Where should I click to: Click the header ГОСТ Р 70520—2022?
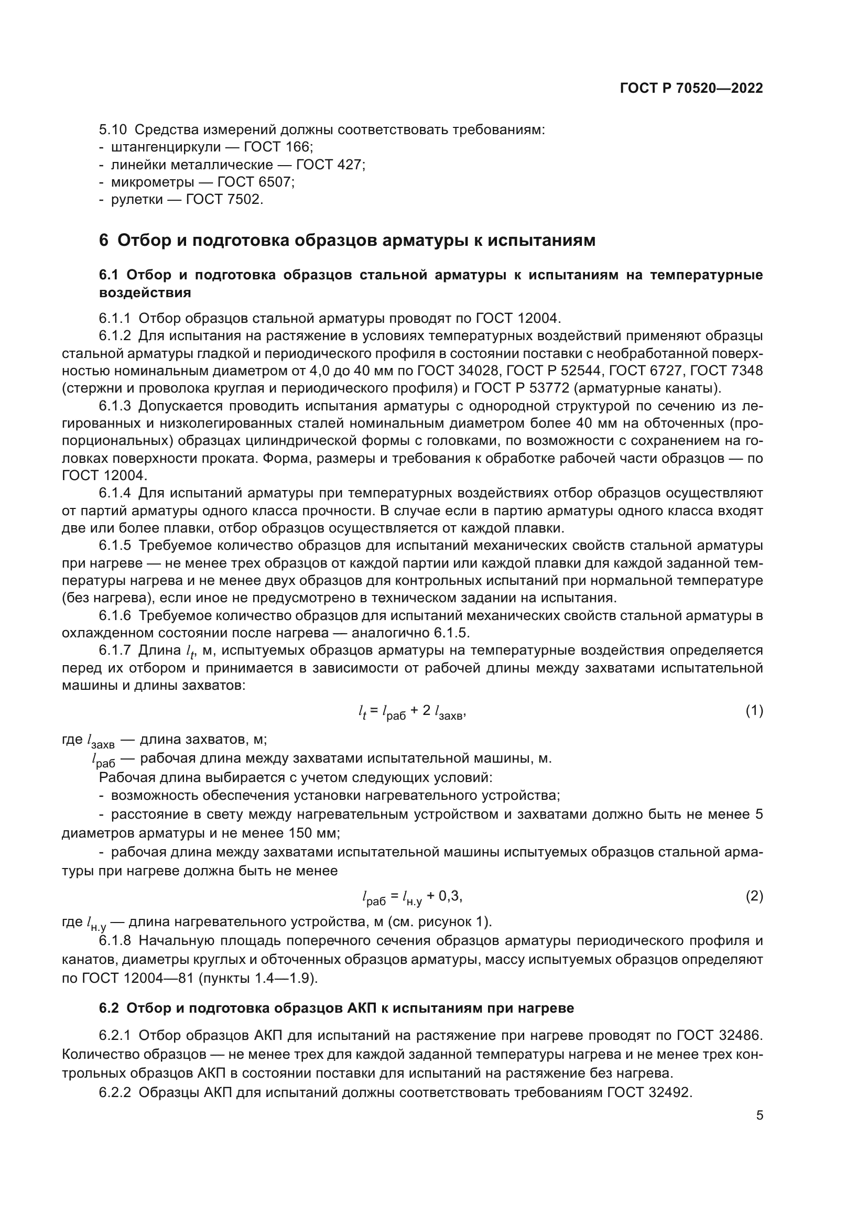(691, 89)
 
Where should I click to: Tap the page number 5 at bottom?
(759, 1115)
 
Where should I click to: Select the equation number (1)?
(754, 711)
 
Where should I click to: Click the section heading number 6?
(104, 241)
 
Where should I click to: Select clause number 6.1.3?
(115, 406)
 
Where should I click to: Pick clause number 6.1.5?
(115, 546)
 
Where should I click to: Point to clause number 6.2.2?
(115, 1093)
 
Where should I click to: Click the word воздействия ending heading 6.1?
(145, 292)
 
